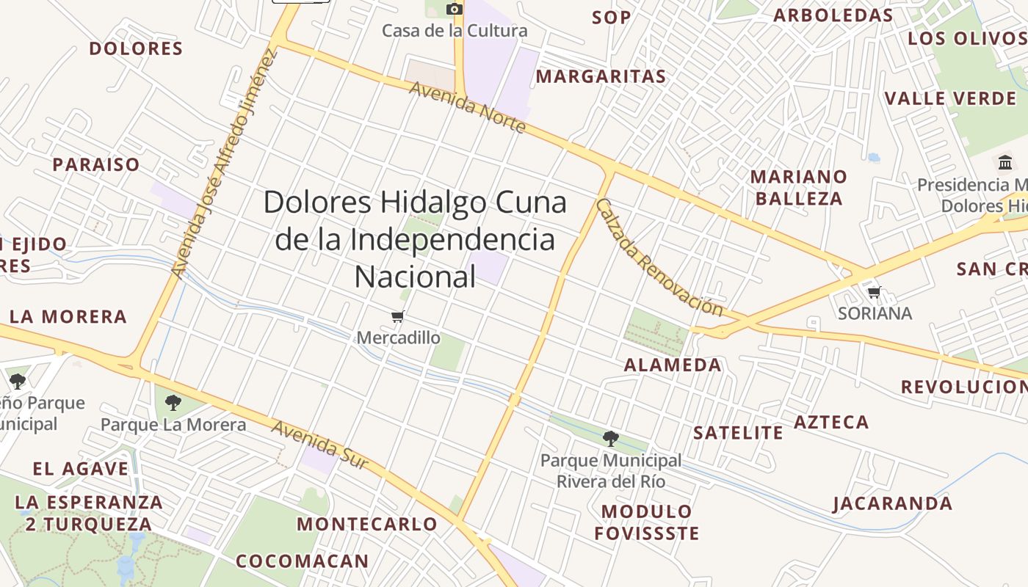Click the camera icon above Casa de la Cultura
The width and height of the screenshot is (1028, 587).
(455, 9)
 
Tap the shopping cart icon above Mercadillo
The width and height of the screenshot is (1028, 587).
(398, 316)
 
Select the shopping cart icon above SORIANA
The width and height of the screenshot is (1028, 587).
(874, 292)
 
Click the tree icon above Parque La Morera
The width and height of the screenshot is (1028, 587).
(173, 402)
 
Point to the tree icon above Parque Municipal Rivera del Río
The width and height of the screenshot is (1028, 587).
(610, 439)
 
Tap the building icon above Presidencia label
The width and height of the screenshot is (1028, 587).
(1005, 161)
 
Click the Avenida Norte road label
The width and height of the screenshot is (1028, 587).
(468, 107)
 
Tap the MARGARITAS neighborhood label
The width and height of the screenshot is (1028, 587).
(601, 76)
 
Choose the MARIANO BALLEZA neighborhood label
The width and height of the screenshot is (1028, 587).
(798, 188)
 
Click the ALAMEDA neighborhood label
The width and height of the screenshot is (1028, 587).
(673, 365)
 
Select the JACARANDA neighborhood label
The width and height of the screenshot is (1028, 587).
(892, 503)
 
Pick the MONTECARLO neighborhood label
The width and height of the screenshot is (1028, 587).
(367, 524)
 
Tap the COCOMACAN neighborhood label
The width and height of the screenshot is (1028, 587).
(303, 561)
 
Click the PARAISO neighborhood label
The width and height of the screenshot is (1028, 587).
(95, 164)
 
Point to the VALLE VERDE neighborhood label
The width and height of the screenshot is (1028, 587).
(950, 98)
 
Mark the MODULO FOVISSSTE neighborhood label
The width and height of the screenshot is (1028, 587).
(647, 522)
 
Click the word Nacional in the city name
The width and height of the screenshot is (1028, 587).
(415, 277)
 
